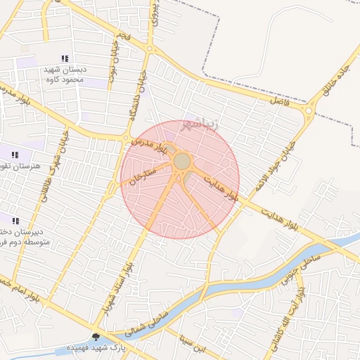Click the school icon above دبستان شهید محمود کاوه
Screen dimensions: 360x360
(65, 59)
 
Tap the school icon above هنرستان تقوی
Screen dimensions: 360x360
(15, 155)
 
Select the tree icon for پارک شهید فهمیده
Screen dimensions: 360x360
(96, 337)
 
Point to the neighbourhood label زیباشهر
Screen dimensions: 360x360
(200, 125)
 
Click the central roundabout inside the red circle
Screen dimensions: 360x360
(182, 162)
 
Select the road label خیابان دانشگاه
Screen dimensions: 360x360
(137, 96)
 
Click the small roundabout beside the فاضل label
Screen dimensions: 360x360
(308, 110)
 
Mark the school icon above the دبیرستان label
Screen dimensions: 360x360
(15, 221)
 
